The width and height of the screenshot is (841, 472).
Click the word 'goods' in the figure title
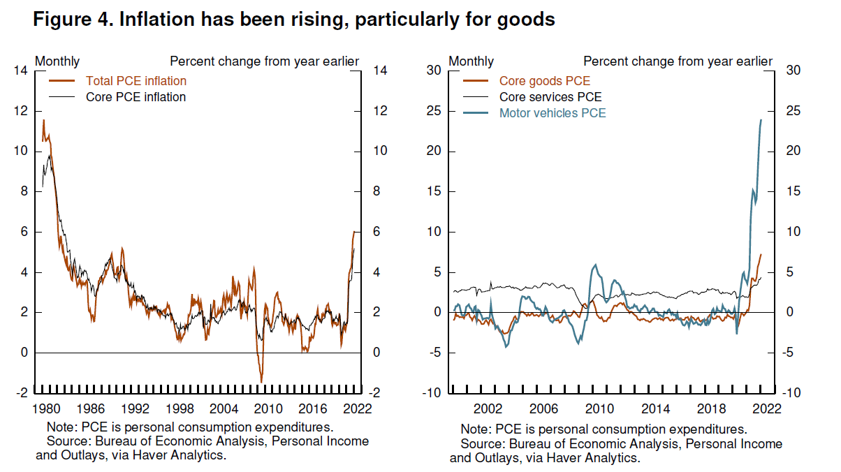click(527, 20)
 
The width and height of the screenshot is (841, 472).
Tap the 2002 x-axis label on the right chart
click(485, 408)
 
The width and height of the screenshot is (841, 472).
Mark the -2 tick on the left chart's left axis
click(22, 393)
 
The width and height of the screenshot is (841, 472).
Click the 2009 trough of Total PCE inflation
click(261, 382)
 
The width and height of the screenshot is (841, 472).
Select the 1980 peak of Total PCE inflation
click(43, 120)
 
